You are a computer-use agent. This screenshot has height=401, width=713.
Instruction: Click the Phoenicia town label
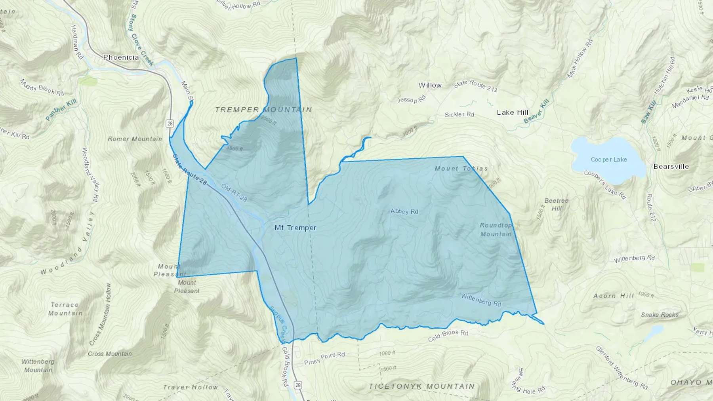click(x=121, y=57)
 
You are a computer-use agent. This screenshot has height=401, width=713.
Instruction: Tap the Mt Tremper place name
click(x=295, y=228)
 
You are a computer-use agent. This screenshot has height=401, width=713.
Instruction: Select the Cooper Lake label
click(x=609, y=160)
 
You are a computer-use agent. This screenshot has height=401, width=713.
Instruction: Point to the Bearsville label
click(x=671, y=166)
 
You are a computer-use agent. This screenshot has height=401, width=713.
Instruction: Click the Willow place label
click(x=430, y=85)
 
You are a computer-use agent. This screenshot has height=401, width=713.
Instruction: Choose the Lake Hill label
click(x=513, y=112)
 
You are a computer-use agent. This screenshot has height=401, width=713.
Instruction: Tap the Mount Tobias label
click(x=461, y=168)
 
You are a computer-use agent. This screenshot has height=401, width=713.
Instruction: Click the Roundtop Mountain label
click(x=496, y=230)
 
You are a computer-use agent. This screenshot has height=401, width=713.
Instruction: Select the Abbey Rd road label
click(x=404, y=211)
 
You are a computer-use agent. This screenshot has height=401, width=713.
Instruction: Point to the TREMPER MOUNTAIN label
click(x=263, y=110)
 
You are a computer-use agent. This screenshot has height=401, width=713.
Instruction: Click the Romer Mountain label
click(x=135, y=139)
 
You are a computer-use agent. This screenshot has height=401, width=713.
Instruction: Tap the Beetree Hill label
click(x=557, y=204)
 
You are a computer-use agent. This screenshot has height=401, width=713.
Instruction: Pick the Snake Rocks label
click(x=660, y=315)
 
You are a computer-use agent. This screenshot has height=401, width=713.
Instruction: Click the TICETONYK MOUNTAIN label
click(x=421, y=386)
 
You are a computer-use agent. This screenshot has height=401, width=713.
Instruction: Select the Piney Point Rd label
click(x=324, y=358)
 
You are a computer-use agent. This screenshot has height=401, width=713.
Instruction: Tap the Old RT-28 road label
click(x=234, y=192)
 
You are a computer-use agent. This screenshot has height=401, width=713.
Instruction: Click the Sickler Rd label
click(x=459, y=114)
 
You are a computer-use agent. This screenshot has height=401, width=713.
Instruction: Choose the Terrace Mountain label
click(x=65, y=309)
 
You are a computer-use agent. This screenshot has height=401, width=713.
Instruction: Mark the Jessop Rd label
click(x=412, y=99)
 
